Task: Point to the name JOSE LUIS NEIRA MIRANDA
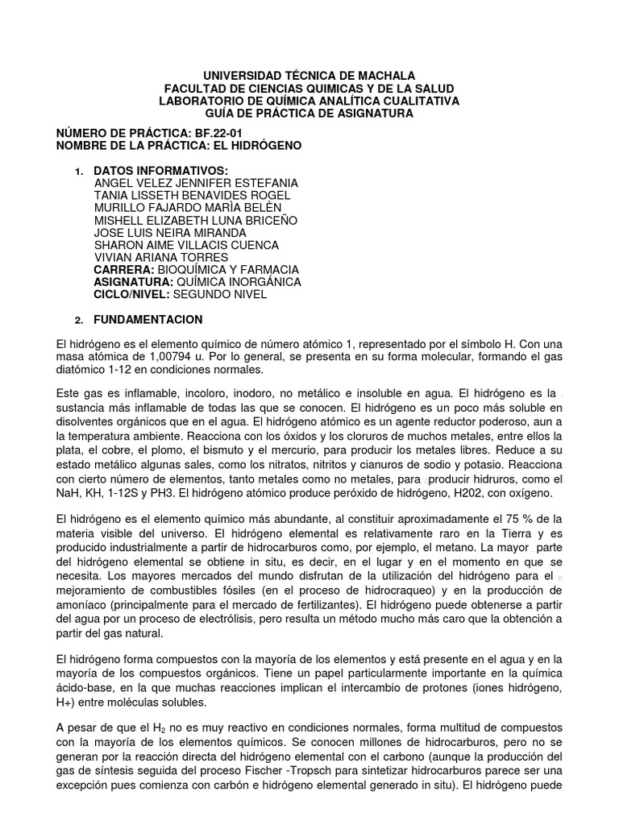pyautogui.click(x=171, y=232)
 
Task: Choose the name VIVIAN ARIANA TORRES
pyautogui.click(x=161, y=257)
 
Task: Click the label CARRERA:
pyautogui.click(x=123, y=269)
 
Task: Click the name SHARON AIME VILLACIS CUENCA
pyautogui.click(x=187, y=245)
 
